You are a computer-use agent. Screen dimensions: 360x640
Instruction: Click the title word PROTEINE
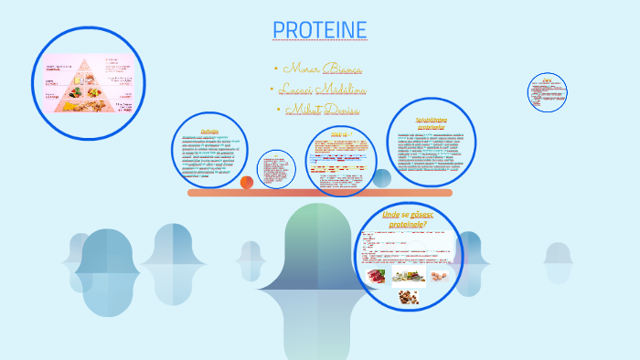coord(320,30)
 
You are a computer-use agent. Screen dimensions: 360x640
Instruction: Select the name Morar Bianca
coord(323,69)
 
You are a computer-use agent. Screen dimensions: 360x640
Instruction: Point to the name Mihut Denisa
coord(323,111)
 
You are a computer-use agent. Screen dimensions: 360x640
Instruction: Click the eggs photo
coord(440,275)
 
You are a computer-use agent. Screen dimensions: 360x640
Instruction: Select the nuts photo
coord(407,296)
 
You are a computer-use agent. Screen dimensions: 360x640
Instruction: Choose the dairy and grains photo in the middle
coord(408,275)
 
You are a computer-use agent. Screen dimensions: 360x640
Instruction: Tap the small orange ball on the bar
coord(247,183)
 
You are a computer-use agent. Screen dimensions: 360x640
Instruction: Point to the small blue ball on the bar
coord(382,178)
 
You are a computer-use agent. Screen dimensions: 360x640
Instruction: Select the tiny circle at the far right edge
coord(547,92)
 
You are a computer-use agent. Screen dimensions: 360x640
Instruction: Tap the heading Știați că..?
coord(341,133)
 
